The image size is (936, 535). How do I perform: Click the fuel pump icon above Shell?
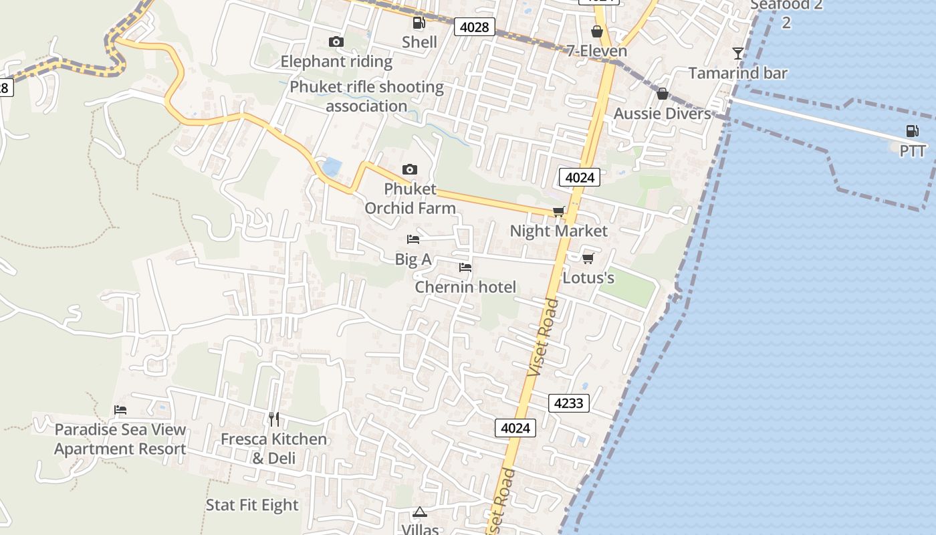(419, 23)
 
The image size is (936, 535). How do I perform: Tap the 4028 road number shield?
(475, 27)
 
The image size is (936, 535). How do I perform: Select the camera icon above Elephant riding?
(336, 42)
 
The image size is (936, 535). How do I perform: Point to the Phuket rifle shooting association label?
(366, 96)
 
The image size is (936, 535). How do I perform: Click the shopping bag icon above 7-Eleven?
(596, 31)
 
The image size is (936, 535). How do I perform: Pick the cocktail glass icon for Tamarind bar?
(738, 53)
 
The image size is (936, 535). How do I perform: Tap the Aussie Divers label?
(663, 114)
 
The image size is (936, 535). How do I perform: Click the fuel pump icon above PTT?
(912, 131)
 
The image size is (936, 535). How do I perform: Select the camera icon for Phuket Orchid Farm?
(410, 170)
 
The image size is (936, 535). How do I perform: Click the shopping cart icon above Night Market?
(559, 212)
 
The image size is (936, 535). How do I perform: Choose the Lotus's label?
(588, 278)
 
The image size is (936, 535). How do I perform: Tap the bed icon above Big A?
(413, 239)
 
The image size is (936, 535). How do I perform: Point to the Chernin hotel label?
(465, 287)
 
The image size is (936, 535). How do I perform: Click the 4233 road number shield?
(569, 403)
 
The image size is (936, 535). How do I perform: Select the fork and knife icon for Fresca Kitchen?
(273, 419)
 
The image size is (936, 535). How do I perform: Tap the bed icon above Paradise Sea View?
(120, 410)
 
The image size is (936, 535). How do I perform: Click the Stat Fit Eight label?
(252, 505)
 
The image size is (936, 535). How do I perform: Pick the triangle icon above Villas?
(420, 512)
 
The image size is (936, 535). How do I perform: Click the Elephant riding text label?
(336, 62)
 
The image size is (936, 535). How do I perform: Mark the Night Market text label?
(559, 231)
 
